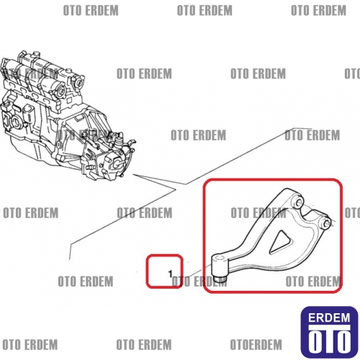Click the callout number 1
click(x=171, y=274)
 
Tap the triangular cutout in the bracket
click(x=280, y=243)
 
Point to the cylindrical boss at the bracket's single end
click(x=220, y=266)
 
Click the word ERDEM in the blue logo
click(x=329, y=318)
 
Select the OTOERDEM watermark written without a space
click(x=256, y=345)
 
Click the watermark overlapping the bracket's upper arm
click(x=258, y=213)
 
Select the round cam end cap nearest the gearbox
click(x=78, y=81)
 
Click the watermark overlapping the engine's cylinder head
click(x=30, y=73)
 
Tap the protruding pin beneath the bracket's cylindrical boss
click(x=220, y=279)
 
